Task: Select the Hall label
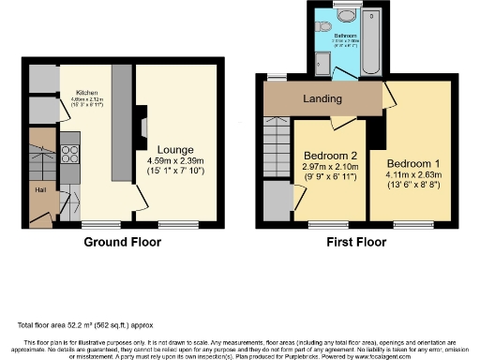[40, 190]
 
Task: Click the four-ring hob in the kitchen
[69, 155]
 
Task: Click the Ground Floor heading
[123, 242]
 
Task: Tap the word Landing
[322, 99]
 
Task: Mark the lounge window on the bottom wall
[172, 223]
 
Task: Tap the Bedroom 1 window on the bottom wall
[407, 223]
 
